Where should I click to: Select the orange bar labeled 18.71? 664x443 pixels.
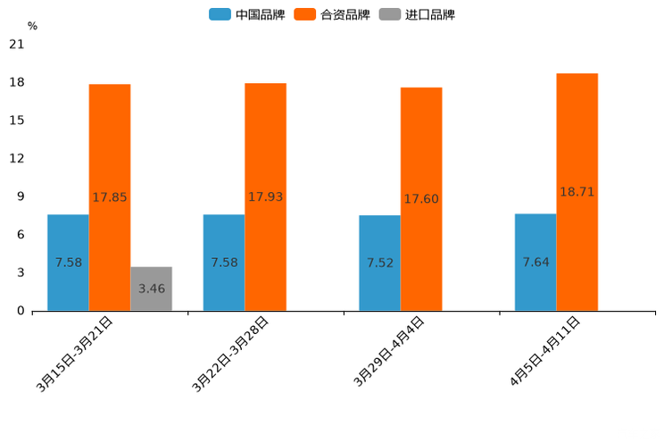click(577, 192)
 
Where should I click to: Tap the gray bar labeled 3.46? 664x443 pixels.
click(152, 288)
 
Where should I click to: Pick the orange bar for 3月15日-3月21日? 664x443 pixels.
click(110, 197)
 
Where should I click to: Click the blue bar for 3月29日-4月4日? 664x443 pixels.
click(379, 263)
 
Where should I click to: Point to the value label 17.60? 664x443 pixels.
click(421, 199)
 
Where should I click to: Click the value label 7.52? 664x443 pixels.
click(379, 263)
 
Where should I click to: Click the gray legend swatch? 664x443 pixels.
click(389, 14)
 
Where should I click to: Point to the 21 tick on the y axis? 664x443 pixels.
click(17, 45)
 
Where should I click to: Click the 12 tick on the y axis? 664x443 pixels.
click(17, 159)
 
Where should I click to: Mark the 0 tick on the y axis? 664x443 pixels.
click(21, 311)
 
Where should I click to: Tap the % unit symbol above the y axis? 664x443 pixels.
click(32, 26)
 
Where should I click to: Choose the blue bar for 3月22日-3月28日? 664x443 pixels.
click(224, 263)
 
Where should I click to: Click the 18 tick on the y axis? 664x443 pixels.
click(17, 83)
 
